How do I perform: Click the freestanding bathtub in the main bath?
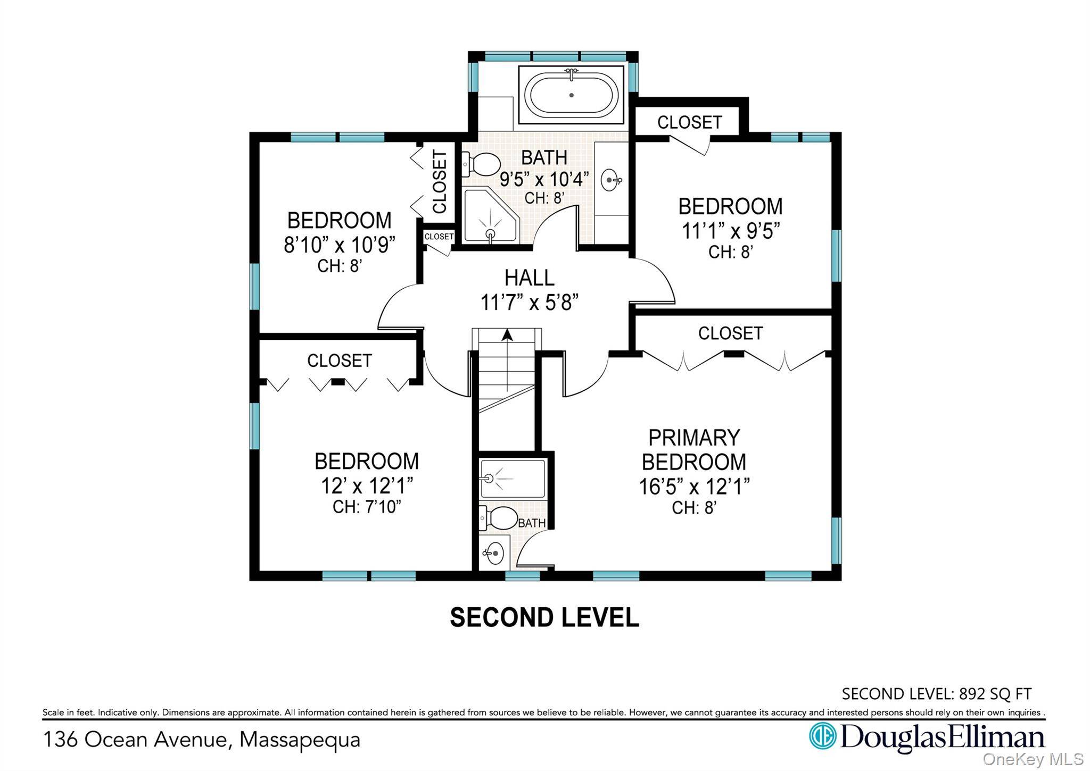[x=571, y=95]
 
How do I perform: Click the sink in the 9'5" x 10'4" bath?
[x=611, y=180]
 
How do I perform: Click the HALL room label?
[x=529, y=278]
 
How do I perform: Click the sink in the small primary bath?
[x=493, y=553]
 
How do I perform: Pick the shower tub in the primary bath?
[x=513, y=479]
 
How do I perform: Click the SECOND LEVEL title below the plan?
[x=544, y=617]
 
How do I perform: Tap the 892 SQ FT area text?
[x=995, y=693]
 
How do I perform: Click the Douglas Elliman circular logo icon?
[x=822, y=736]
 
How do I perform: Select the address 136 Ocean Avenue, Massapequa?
[x=202, y=740]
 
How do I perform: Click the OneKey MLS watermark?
[x=1033, y=759]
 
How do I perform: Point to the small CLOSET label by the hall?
[x=439, y=237]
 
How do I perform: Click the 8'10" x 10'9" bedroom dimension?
[x=340, y=245]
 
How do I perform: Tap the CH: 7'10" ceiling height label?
[x=367, y=507]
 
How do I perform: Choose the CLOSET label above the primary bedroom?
[x=730, y=333]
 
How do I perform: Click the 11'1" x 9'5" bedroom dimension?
[x=731, y=231]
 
